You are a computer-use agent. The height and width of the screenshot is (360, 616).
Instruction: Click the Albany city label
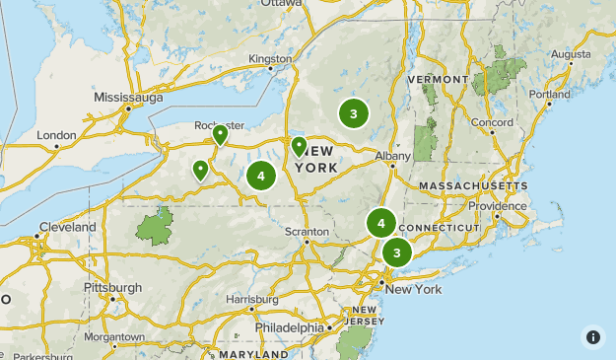[x=391, y=156]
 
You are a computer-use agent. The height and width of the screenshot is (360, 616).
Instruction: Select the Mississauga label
[x=128, y=98]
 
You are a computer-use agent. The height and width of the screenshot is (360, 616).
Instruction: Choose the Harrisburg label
[x=251, y=298]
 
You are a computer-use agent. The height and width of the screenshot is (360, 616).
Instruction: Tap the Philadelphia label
[x=289, y=327]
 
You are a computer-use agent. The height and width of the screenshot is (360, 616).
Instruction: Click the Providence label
[x=497, y=205]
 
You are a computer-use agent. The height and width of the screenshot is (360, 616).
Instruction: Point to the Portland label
[x=549, y=95]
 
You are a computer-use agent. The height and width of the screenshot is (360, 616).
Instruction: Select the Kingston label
[x=270, y=58]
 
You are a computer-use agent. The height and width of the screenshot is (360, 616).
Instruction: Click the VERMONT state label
[x=435, y=79]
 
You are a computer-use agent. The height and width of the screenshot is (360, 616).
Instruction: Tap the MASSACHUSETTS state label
[x=473, y=185]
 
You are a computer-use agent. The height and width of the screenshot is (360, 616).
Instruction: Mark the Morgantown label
[x=114, y=336]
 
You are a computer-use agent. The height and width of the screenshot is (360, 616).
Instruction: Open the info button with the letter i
[x=593, y=337]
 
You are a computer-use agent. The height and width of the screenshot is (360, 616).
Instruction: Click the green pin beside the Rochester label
[x=220, y=135]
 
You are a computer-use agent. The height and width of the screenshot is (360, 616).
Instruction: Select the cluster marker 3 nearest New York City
[x=396, y=252]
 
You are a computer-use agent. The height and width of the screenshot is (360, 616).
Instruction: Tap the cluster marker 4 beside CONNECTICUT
[x=380, y=224]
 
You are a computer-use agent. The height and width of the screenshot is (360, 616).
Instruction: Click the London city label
[x=56, y=134]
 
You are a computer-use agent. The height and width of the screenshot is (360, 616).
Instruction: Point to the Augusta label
[x=572, y=53]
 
